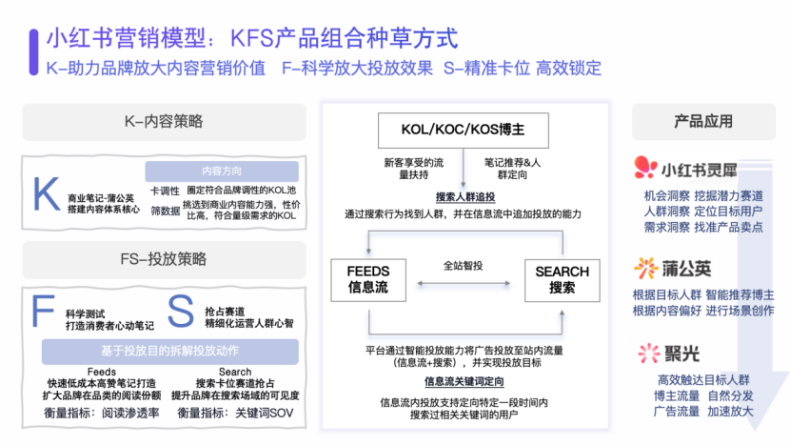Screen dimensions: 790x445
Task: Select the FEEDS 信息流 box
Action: (x=367, y=279)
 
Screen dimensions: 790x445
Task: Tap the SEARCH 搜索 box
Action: (x=562, y=279)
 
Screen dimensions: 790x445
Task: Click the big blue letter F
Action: (x=43, y=312)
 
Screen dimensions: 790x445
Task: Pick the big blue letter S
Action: (x=180, y=312)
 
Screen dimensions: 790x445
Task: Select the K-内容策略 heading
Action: (x=164, y=121)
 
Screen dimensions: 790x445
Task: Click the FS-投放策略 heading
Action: (x=164, y=259)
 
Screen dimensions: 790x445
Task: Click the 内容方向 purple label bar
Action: (x=224, y=172)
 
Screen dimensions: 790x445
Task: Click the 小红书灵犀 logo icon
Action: (x=646, y=170)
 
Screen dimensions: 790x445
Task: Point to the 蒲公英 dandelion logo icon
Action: (x=646, y=269)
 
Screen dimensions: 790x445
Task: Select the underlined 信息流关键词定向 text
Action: (x=464, y=381)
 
